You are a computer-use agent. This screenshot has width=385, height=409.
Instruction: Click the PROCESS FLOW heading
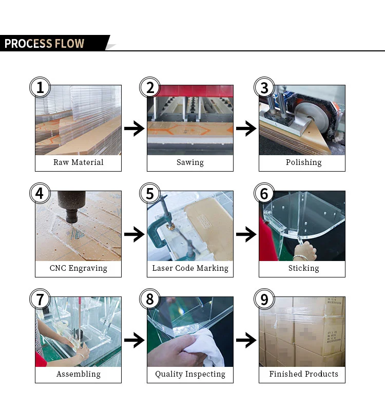(44, 43)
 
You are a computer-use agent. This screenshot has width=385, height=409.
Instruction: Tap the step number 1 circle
(40, 87)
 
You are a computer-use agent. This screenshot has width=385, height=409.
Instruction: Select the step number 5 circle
(150, 193)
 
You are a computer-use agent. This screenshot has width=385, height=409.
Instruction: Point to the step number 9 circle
(264, 299)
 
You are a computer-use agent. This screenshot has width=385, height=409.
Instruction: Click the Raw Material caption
(79, 162)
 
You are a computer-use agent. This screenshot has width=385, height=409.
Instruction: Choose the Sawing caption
(190, 162)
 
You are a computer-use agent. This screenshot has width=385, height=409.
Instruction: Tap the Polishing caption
(304, 162)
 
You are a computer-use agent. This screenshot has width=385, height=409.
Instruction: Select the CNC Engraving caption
(79, 268)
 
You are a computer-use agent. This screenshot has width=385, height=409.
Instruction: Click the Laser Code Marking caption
(190, 268)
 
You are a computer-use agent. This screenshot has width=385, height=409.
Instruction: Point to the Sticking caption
(304, 268)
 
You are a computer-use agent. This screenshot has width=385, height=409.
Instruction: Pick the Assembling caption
(79, 374)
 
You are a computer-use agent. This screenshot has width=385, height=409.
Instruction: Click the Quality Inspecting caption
(190, 374)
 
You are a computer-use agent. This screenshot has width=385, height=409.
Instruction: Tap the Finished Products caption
(304, 374)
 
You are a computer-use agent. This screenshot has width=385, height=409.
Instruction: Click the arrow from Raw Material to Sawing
(134, 128)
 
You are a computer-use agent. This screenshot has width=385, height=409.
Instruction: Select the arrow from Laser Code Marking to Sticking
(246, 234)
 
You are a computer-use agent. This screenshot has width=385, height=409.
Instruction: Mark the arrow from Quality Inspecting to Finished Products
(246, 340)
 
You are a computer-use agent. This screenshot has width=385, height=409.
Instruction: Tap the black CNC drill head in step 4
(71, 206)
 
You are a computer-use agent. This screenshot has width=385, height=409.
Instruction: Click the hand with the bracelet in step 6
(305, 251)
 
